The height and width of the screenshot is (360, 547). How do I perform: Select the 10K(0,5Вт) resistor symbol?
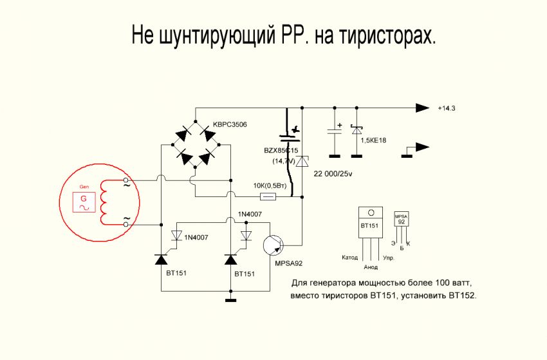point(268,196)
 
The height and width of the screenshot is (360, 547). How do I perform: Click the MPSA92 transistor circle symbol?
point(273,245)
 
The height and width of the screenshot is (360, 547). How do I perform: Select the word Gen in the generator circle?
point(83,186)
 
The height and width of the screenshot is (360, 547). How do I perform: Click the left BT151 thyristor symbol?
point(161,260)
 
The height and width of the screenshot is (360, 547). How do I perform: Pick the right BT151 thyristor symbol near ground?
point(230,260)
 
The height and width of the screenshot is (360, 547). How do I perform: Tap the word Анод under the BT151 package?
point(371,266)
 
